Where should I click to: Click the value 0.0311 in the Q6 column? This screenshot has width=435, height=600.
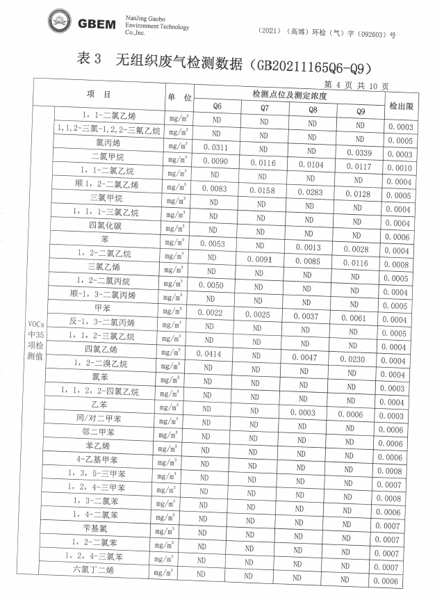tap(215, 147)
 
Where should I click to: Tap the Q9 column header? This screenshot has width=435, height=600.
tap(360, 111)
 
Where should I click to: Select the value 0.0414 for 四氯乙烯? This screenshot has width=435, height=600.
tap(210, 354)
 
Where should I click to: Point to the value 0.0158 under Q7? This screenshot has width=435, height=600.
tap(263, 190)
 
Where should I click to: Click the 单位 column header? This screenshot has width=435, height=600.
tap(178, 97)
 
